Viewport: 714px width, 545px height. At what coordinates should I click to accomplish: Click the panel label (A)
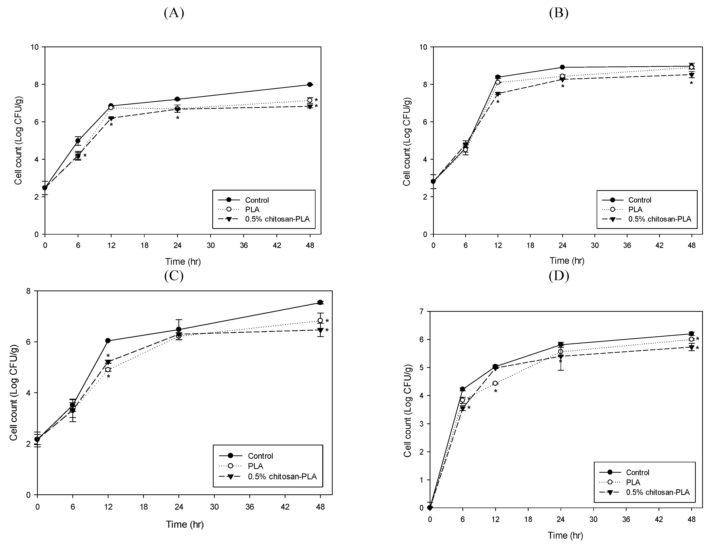174,13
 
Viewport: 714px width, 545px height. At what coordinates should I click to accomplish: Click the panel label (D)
559,275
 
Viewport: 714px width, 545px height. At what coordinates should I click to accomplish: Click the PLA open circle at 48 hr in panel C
320,321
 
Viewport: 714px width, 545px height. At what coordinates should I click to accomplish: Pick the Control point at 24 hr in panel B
562,67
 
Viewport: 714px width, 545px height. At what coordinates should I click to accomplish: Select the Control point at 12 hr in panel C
108,341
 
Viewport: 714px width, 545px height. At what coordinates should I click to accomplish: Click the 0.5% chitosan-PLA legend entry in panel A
277,219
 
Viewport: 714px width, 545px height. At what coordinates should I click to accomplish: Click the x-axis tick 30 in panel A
211,245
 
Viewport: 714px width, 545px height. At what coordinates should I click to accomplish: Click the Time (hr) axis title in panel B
567,261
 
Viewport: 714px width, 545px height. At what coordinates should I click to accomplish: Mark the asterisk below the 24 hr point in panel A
178,118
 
